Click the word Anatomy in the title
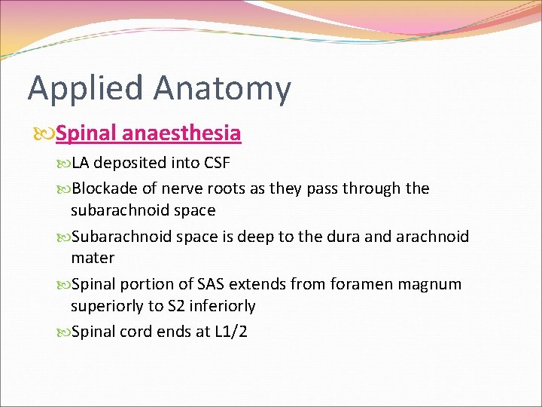222,89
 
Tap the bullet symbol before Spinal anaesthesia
45,134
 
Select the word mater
93,258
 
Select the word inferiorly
224,306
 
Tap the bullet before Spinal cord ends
63,332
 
